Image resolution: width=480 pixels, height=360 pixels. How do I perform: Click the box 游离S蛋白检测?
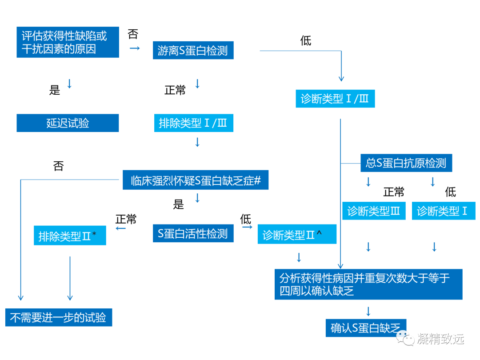tap(192, 51)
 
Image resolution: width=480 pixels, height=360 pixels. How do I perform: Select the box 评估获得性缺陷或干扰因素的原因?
tap(68, 42)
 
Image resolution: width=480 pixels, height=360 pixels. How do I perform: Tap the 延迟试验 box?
tap(68, 123)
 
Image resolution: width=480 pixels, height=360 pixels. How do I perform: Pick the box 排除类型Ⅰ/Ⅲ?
tap(193, 123)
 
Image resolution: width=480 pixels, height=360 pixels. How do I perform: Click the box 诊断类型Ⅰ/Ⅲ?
tap(335, 99)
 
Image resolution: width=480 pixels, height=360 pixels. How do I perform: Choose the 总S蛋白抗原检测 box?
tap(406, 163)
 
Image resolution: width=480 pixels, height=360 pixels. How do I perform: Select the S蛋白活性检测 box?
tap(193, 233)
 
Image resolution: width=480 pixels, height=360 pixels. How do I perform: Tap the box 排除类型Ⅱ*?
tap(70, 236)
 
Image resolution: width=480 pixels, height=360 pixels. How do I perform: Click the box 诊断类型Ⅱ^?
tap(297, 235)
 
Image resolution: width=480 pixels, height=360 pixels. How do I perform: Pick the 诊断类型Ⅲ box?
tap(374, 211)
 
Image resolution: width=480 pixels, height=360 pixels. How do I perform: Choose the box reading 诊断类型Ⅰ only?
tap(443, 211)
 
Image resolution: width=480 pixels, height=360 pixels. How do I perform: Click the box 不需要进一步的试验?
tap(58, 318)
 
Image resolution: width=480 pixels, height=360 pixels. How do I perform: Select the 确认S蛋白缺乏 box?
tap(366, 328)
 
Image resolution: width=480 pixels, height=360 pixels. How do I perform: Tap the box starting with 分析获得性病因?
tap(368, 284)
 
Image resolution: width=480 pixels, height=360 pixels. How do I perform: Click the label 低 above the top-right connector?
tap(306, 41)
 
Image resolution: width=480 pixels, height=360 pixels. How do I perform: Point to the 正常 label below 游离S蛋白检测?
tap(175, 90)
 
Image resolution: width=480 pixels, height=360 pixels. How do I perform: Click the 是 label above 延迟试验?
tap(54, 90)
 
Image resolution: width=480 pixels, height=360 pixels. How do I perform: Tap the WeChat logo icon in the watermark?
tap(404, 339)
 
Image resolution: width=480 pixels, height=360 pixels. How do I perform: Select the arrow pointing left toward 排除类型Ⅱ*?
tap(120, 228)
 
